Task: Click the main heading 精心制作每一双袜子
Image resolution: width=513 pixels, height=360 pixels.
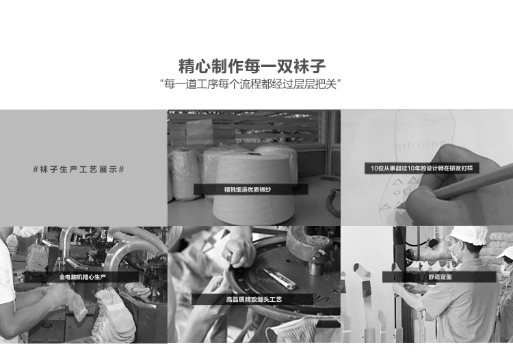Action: coord(252,66)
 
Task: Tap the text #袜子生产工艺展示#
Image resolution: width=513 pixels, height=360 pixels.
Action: coord(79,169)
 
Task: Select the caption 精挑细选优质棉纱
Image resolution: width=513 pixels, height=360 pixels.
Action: coord(248,189)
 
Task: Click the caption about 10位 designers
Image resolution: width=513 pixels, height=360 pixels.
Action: coord(421,168)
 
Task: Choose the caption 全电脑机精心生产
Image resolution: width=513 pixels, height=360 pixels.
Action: coord(83,277)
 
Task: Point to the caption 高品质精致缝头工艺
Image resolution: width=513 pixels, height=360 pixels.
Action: coord(254,299)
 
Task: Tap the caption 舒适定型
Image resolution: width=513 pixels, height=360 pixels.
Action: coord(440,277)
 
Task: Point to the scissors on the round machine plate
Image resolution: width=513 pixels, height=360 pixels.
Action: coord(280,279)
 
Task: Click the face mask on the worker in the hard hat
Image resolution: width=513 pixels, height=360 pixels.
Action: coord(456,250)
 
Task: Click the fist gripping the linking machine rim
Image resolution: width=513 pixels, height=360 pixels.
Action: coord(238,253)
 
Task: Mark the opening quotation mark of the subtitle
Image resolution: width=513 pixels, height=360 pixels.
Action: coord(161,81)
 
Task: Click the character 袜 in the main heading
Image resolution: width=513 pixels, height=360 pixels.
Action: coord(301,66)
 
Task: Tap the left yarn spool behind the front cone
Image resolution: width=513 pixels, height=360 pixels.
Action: coord(184,173)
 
